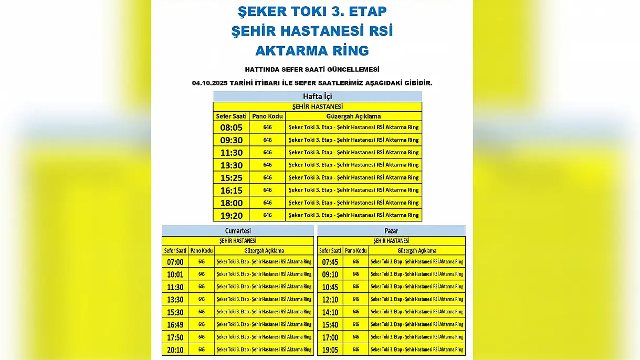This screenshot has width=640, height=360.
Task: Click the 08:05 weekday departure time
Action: (x=231, y=128)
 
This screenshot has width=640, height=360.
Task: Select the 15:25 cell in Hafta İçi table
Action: (x=231, y=178)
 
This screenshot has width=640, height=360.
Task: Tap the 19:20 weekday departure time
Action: (x=231, y=216)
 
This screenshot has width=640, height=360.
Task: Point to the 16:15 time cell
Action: (x=231, y=190)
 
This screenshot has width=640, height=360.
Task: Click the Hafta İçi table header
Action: (x=317, y=97)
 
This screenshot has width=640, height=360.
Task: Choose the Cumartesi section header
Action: (x=238, y=231)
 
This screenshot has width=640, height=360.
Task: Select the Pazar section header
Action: (x=391, y=231)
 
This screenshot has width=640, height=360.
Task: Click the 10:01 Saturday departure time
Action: (x=175, y=274)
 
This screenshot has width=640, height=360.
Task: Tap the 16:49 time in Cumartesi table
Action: (x=175, y=325)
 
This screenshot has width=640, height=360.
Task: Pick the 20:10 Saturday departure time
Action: (x=175, y=350)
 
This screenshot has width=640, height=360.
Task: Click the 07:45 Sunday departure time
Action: (x=330, y=262)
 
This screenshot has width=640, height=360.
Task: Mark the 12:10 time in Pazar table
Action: (x=330, y=300)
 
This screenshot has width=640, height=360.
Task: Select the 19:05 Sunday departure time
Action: (x=330, y=350)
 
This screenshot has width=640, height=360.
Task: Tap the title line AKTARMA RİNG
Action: (x=312, y=50)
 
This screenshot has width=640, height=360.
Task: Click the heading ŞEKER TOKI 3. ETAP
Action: (x=312, y=11)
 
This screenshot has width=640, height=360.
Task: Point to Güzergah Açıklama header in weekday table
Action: (x=353, y=116)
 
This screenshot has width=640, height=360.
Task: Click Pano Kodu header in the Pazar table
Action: (x=356, y=251)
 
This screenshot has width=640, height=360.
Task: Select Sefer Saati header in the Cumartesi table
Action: (x=175, y=251)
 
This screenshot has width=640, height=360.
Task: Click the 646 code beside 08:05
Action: (x=267, y=128)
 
